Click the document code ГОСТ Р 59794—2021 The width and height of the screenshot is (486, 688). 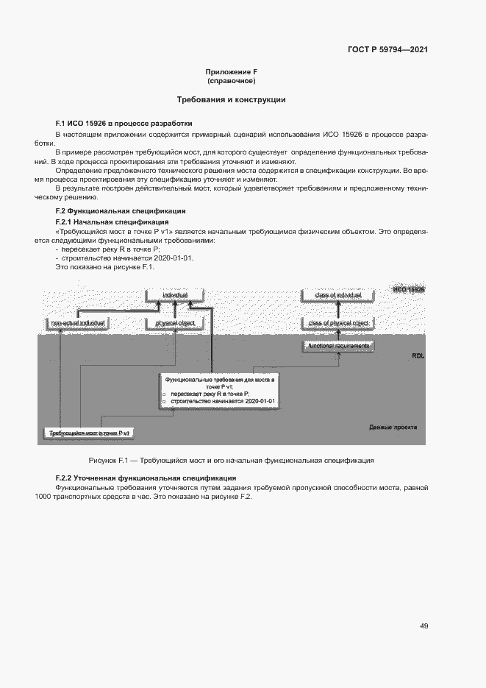point(387,50)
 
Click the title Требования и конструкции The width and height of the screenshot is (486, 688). point(231,99)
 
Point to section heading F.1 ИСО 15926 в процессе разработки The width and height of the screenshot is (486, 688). point(124,123)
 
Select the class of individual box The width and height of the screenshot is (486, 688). point(338,295)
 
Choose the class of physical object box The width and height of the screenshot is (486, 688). point(338,323)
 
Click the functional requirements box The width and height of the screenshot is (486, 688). point(338,346)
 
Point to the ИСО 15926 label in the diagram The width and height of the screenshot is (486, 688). point(408,290)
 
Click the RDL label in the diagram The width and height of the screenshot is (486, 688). point(418,356)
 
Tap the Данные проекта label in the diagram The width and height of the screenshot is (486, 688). point(393,428)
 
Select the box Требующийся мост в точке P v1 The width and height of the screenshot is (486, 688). point(89,434)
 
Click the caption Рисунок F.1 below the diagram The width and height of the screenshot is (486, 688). point(231,460)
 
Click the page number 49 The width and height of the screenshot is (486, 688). point(424,625)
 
